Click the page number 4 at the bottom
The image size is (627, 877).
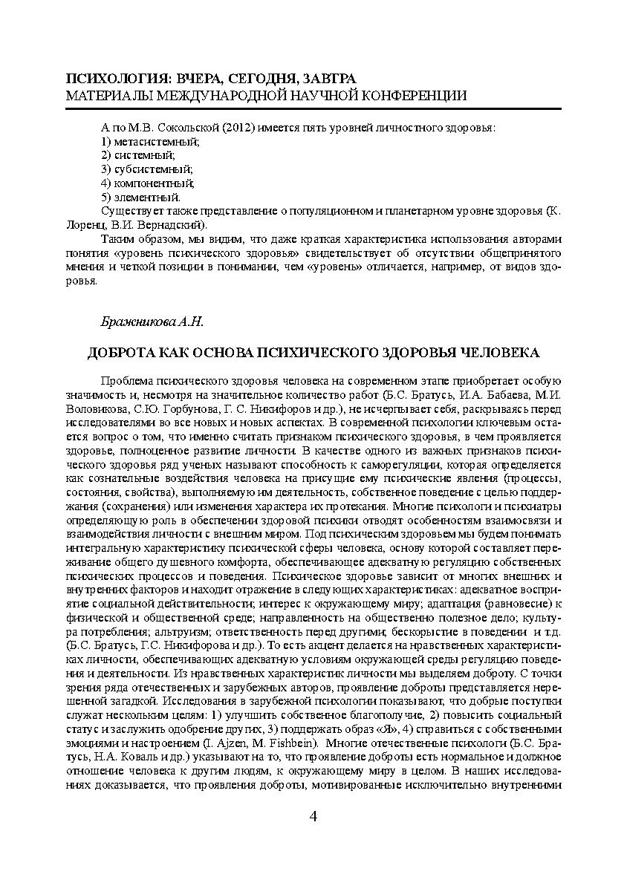(313, 817)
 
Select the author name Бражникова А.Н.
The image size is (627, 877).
(152, 321)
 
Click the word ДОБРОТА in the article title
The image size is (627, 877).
(123, 351)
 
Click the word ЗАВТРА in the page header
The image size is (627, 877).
(323, 79)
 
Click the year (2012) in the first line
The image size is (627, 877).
(238, 126)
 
